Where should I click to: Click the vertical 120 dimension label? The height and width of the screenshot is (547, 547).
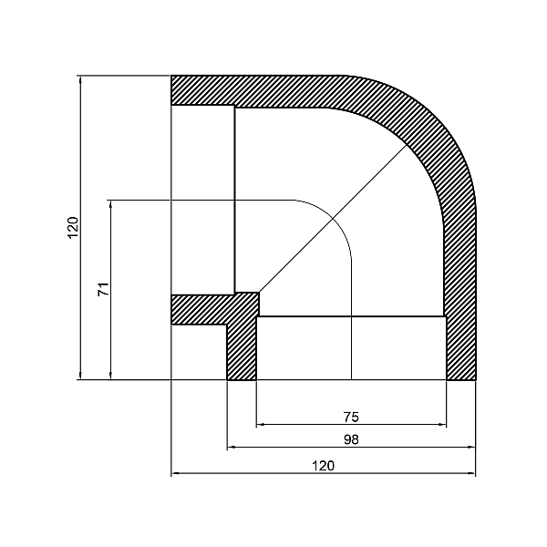[73, 227]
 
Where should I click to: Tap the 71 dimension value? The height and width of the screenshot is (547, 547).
[103, 289]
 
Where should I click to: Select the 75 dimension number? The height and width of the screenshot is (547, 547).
[352, 417]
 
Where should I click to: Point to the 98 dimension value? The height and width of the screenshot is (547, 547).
[352, 439]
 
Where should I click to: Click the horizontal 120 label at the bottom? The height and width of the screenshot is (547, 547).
[324, 466]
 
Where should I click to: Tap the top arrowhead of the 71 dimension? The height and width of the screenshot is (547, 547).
[110, 203]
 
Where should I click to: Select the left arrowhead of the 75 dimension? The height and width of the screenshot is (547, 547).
[262, 424]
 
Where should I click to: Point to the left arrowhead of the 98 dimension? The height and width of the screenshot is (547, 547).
[232, 447]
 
